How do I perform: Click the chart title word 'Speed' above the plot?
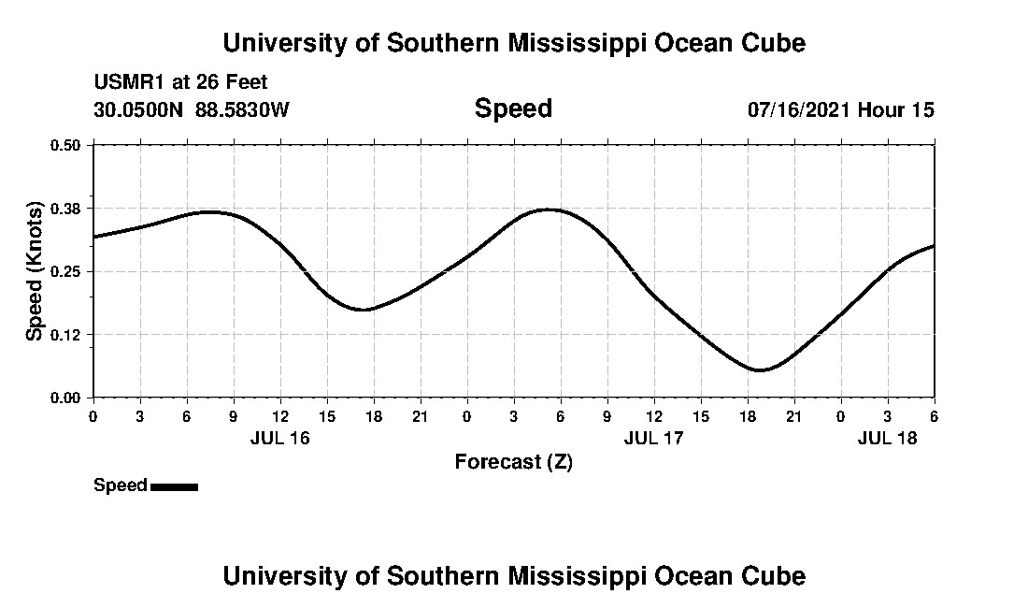tap(513, 109)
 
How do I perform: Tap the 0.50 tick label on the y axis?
tap(65, 145)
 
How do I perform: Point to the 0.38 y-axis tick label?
tap(65, 208)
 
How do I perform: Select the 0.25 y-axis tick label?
tap(65, 271)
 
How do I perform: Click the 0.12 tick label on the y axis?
tap(65, 335)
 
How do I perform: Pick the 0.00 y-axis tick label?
tap(65, 398)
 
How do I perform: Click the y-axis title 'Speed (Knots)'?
tap(35, 271)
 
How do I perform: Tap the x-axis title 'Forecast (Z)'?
tap(513, 462)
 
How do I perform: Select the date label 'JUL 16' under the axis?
tap(279, 438)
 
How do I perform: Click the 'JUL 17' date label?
tap(653, 438)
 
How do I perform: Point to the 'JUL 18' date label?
tap(887, 438)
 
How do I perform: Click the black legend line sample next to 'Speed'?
tap(174, 486)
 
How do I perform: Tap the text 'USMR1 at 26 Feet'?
tap(180, 83)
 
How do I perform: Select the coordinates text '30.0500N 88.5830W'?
tap(192, 109)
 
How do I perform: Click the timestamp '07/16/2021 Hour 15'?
tap(840, 109)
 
